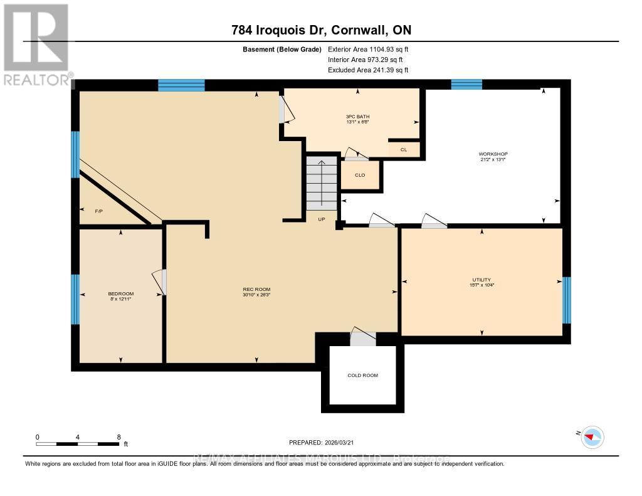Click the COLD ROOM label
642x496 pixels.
coord(362,375)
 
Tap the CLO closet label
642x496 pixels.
coord(360,175)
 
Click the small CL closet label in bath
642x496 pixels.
coord(403,150)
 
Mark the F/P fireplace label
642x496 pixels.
coord(98,211)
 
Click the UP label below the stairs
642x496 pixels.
coord(322,219)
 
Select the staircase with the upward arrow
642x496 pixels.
coord(322,182)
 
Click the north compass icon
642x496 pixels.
coord(592,436)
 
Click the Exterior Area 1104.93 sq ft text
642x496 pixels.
coord(368,49)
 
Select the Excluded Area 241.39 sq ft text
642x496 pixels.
coord(368,70)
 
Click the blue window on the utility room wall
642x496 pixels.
coord(567,300)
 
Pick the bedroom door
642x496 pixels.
coord(161,282)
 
